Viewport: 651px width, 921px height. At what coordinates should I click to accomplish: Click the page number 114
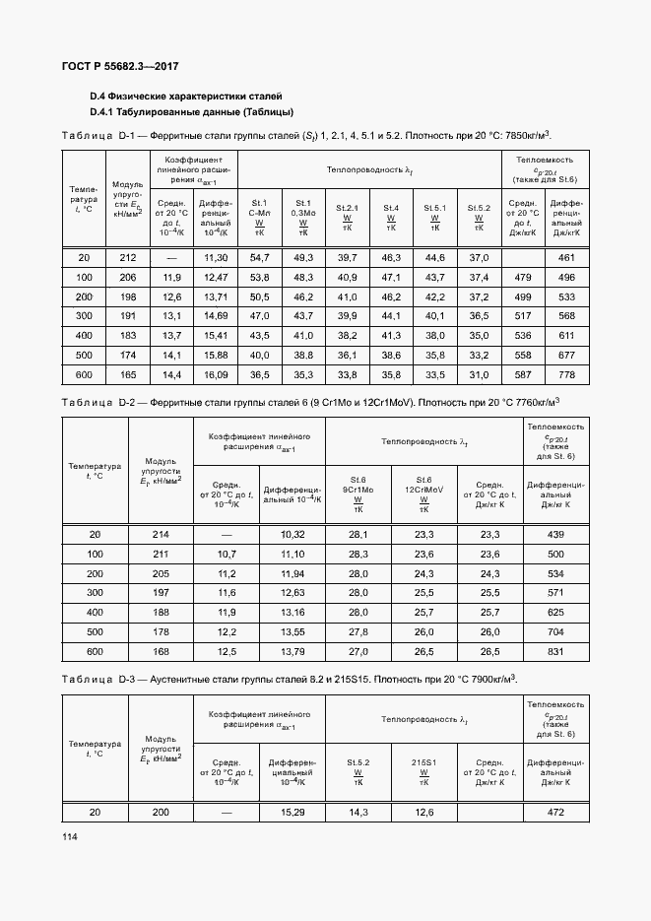coord(69,836)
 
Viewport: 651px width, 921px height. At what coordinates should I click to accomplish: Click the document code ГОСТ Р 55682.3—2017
coord(112,67)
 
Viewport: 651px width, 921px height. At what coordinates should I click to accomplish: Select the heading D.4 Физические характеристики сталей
coord(186,97)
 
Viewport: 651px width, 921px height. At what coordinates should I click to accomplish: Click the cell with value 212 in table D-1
coord(127,257)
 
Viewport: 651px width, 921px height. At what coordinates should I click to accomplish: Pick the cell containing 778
coord(566,375)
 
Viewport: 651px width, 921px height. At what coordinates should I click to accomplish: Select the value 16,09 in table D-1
coord(215,375)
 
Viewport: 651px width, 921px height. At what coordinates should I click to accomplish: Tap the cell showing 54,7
coord(260,257)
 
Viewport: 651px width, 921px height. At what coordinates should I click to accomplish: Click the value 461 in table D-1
coord(566,257)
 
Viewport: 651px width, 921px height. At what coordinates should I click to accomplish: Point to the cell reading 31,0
coord(479,375)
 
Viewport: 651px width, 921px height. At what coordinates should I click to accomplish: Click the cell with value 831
coord(555,651)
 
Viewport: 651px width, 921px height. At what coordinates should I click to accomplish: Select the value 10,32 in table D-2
coord(293,534)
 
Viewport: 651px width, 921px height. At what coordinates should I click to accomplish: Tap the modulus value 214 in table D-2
coord(160,534)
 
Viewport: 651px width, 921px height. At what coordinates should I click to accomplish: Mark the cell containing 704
coord(555,631)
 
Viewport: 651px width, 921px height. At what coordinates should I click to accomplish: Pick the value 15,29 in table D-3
coord(293,812)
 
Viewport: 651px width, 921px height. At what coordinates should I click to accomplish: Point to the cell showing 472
coord(555,812)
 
